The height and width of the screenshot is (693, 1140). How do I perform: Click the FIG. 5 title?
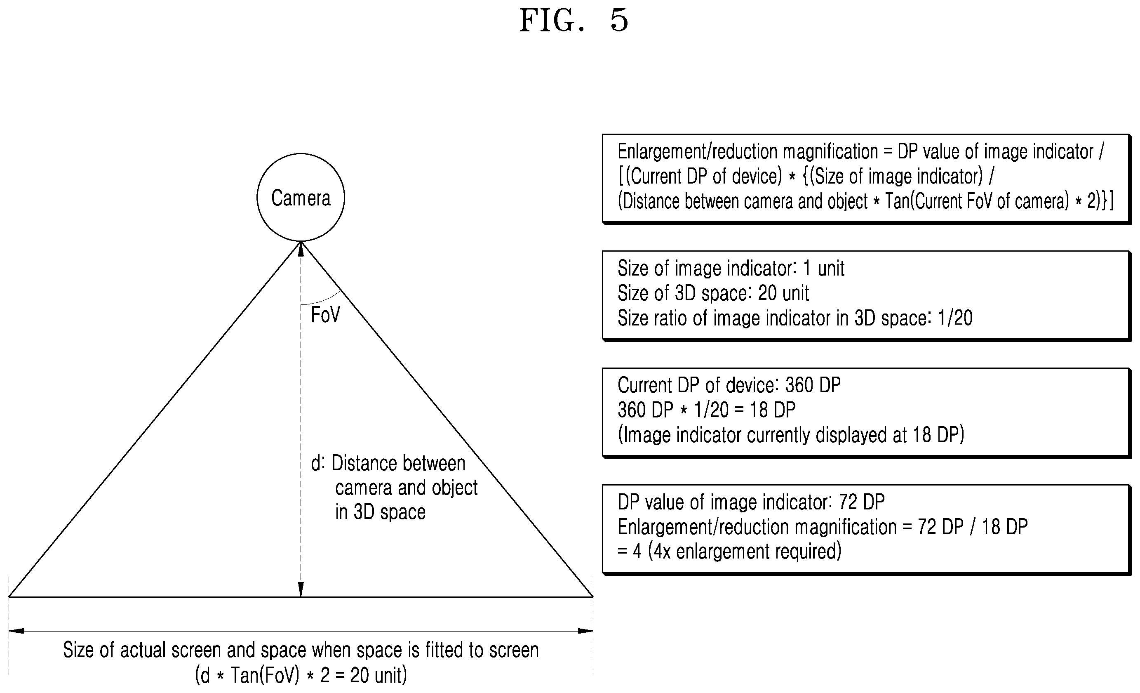click(574, 21)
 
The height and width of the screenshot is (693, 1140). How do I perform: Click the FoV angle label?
click(325, 315)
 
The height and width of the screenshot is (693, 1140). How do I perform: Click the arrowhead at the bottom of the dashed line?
click(301, 589)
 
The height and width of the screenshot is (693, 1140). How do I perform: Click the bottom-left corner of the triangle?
click(9, 597)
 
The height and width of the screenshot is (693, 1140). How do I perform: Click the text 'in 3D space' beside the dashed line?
click(380, 512)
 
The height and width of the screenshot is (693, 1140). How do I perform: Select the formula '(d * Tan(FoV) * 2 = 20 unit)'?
click(301, 675)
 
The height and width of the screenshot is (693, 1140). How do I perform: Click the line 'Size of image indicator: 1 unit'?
click(731, 269)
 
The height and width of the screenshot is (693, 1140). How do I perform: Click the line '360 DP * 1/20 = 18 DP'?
click(707, 410)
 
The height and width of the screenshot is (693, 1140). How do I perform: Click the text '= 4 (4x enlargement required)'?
click(730, 552)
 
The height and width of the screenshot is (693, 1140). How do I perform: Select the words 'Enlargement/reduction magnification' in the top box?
click(747, 152)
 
